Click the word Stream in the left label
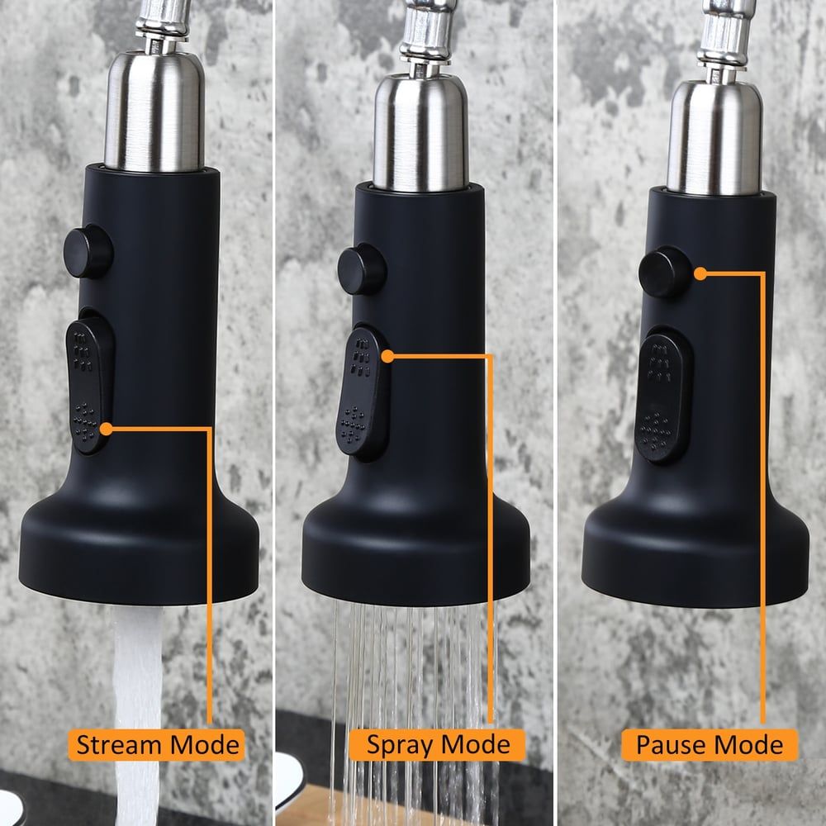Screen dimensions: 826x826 click(x=118, y=745)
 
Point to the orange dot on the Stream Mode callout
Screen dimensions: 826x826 click(x=106, y=430)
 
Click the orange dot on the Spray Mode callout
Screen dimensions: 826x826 click(x=387, y=357)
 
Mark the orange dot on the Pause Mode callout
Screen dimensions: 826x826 click(x=700, y=273)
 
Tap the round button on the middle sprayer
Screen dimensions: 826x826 click(x=362, y=268)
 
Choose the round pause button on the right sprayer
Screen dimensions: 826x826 click(x=665, y=272)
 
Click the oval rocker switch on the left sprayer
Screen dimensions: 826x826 click(x=89, y=385)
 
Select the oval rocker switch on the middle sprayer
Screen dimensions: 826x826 click(x=363, y=392)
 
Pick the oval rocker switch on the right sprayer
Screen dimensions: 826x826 click(x=663, y=396)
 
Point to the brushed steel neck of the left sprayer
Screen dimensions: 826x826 click(x=154, y=111)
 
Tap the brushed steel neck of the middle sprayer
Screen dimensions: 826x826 click(x=421, y=131)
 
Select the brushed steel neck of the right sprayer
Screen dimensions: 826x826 click(x=714, y=137)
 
